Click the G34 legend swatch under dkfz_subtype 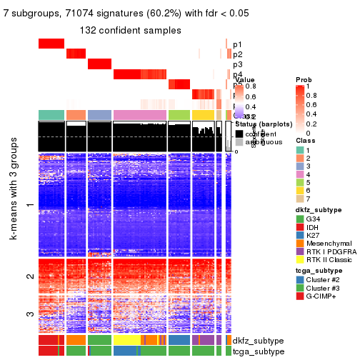pyautogui.click(x=299, y=219)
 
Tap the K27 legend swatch pyautogui.click(x=299, y=235)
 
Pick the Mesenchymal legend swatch pyautogui.click(x=299, y=244)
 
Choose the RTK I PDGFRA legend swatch pyautogui.click(x=299, y=252)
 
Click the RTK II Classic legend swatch pyautogui.click(x=299, y=261)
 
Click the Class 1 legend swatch pyautogui.click(x=299, y=149)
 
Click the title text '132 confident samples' pyautogui.click(x=130, y=30)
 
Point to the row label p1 pyautogui.click(x=237, y=44)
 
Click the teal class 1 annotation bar pyautogui.click(x=51, y=115)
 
